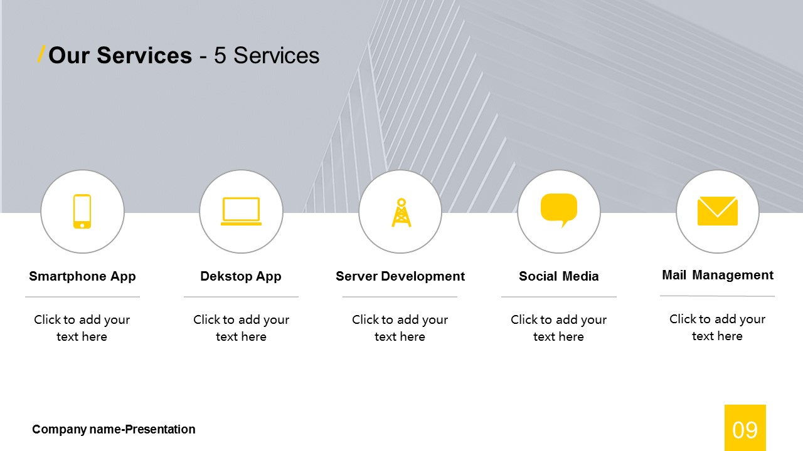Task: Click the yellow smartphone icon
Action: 82,211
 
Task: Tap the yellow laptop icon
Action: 241,211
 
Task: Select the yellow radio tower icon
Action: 401,212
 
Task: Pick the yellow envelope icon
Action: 717,211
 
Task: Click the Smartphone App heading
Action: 82,276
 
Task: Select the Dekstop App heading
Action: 241,276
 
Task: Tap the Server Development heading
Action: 400,276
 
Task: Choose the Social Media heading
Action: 559,276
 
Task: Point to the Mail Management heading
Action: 718,275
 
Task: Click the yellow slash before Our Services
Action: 41,54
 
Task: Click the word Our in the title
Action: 69,56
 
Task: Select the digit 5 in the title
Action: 220,56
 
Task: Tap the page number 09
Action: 745,430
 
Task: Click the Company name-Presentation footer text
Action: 114,430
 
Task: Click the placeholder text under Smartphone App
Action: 82,328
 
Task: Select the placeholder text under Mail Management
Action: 717,327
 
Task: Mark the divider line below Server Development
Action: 400,297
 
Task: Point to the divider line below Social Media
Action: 559,297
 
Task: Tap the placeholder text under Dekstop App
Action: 242,328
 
